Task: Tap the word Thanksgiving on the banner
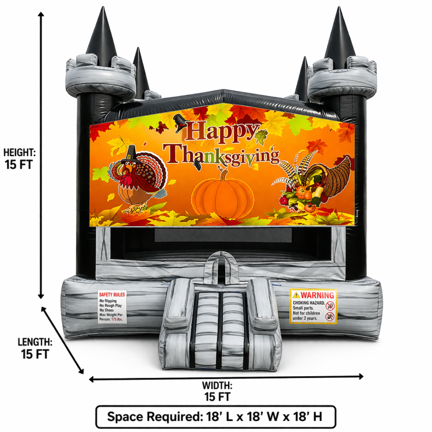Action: (222, 154)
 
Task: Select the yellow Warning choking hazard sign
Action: (313, 306)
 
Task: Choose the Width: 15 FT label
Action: (217, 391)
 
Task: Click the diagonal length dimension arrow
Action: (63, 340)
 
